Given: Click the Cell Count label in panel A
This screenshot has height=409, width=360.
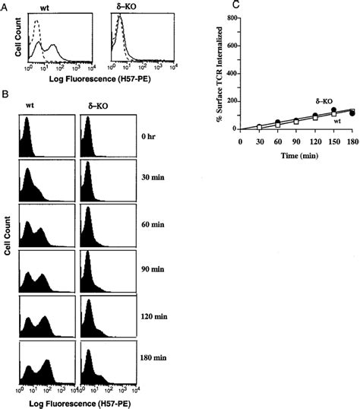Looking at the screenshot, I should (x=9, y=38).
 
